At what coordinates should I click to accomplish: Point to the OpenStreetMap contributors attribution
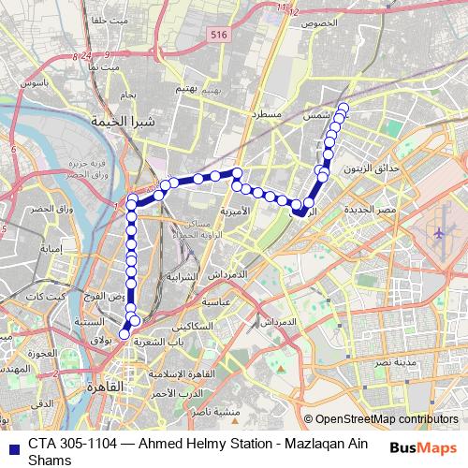[381, 419]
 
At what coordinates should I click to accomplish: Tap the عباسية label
[216, 302]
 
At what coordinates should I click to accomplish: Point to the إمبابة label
[50, 249]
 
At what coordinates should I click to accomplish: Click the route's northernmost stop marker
[342, 107]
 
